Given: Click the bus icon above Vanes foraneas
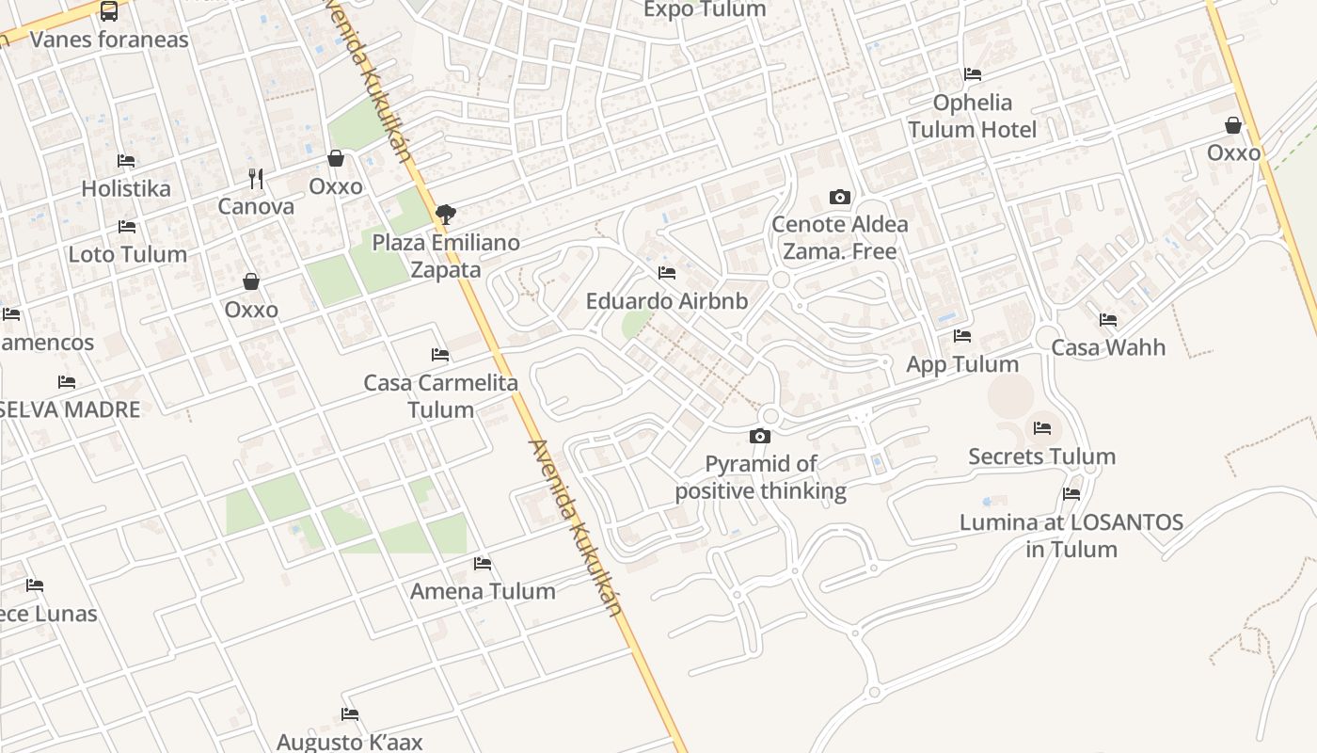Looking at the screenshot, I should coord(109,11).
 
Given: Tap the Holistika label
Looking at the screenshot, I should coord(126,188).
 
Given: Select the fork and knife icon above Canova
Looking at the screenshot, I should coord(256,177).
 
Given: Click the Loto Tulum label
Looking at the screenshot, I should coord(127,254).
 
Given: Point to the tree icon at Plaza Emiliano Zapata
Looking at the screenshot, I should coord(446,215).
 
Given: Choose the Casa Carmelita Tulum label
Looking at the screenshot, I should coord(440,396).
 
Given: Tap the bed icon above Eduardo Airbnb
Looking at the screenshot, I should coord(667,273).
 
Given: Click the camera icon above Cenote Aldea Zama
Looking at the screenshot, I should coord(840,197).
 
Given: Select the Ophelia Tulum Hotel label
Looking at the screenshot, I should coord(973,116).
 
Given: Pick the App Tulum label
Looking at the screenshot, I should coord(962,364).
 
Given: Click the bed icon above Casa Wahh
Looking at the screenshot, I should coord(1108,320).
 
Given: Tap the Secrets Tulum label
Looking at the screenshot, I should coord(1041,457).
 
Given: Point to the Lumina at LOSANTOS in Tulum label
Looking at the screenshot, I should coord(1071,535).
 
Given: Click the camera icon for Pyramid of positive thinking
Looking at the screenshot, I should coord(760,436).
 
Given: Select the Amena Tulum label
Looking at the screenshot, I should coord(483,591).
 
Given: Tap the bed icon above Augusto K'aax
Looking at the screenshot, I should coord(350,714).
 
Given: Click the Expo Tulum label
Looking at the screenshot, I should coord(705,9).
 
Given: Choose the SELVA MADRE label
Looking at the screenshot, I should coord(70,409).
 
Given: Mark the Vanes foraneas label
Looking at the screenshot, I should coord(109,40).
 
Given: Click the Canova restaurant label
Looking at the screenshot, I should coord(256,206).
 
